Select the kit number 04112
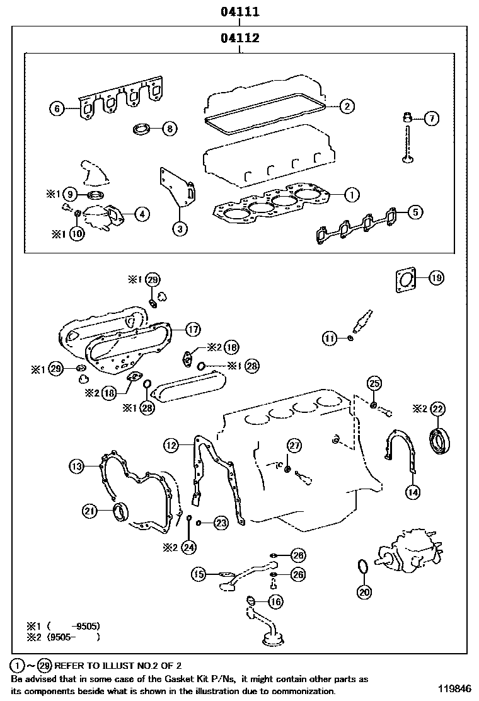tap(240, 38)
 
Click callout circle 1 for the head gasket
tap(352, 195)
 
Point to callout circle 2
tap(346, 107)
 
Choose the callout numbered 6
tap(57, 109)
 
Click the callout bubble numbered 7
tap(431, 118)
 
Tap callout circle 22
tap(437, 409)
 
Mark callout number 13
tap(76, 467)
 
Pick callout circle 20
tap(365, 591)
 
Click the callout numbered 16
tap(275, 602)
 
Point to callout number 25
tap(374, 383)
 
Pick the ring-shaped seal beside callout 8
tap(142, 130)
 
